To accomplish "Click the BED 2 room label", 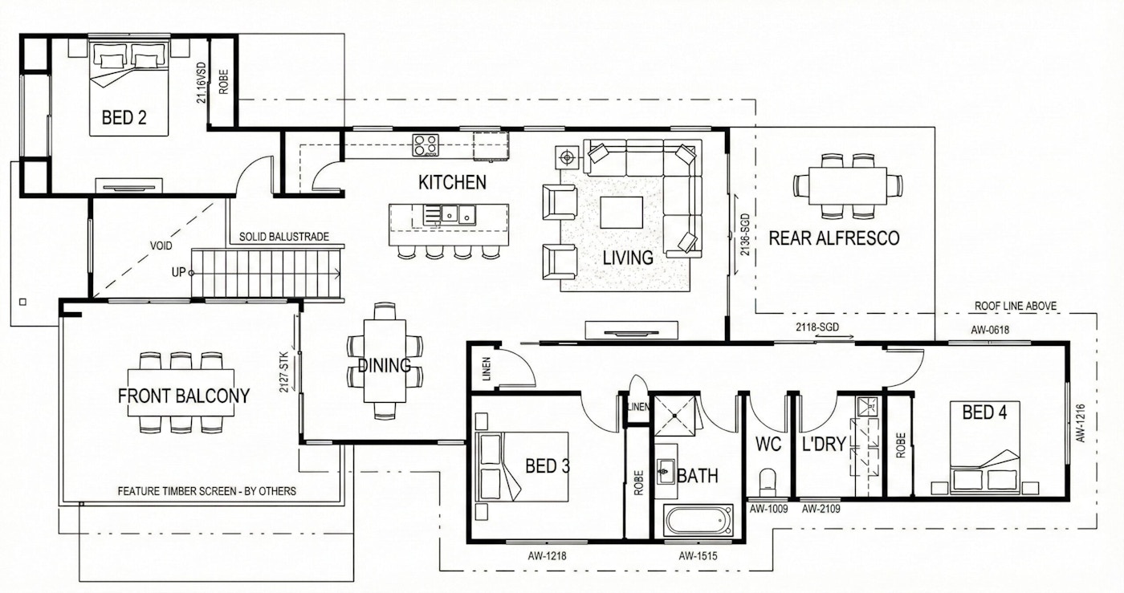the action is [x=124, y=117].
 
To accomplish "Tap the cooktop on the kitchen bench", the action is [x=426, y=145].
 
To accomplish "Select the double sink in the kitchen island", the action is [x=458, y=214].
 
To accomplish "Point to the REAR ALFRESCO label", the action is [x=834, y=238].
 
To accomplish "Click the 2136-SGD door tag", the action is [x=745, y=235].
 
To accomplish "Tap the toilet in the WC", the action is [x=768, y=481].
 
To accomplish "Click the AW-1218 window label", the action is [x=547, y=556].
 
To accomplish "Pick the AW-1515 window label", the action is [x=698, y=556].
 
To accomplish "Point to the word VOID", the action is [x=161, y=246].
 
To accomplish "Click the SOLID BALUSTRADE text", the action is [x=284, y=237].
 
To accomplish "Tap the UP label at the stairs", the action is [x=178, y=272].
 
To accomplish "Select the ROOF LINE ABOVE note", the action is [x=1016, y=306].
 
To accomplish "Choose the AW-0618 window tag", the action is [x=990, y=330].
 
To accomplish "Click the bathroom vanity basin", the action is [x=666, y=471].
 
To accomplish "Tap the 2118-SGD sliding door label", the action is [x=817, y=327].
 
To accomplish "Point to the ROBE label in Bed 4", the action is [x=901, y=445].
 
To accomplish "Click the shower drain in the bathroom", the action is [x=675, y=416].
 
